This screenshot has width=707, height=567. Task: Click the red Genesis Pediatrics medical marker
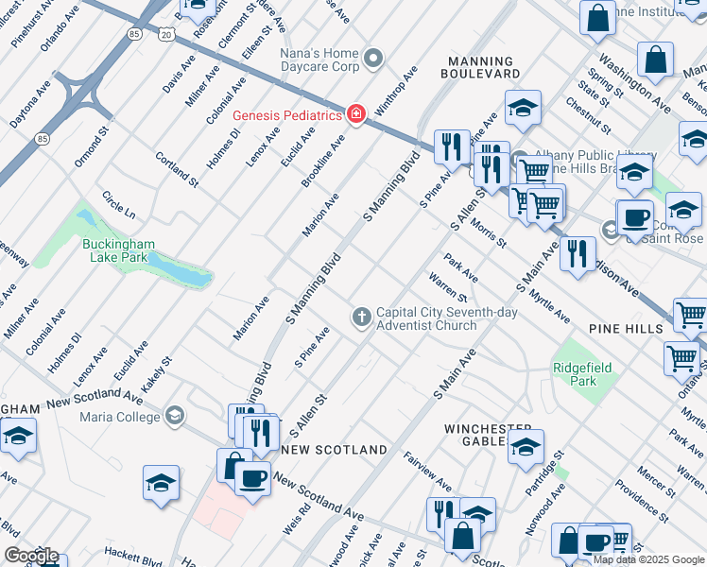(x=355, y=115)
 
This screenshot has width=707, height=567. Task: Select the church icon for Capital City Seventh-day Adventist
(x=361, y=318)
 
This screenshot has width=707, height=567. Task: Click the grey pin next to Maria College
(x=174, y=416)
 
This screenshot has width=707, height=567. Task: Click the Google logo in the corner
(x=30, y=556)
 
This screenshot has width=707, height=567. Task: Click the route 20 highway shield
(x=167, y=34)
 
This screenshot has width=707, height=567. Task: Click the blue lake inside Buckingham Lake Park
(x=176, y=273)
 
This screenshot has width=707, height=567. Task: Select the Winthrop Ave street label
(x=395, y=92)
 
